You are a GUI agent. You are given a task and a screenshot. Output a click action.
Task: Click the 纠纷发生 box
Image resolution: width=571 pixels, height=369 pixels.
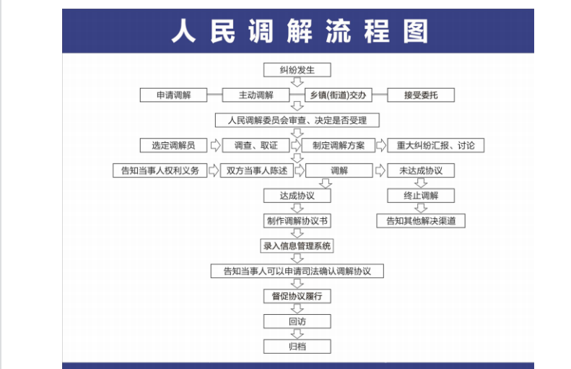297,70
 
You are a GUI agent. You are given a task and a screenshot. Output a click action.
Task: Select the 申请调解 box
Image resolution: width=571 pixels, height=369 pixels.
173,95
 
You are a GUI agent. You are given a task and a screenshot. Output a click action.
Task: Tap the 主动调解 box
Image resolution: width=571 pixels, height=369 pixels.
256,95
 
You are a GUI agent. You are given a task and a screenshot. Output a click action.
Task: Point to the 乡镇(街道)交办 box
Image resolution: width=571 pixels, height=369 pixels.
339,95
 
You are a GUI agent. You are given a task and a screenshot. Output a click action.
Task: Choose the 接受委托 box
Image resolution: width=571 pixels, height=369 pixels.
421,95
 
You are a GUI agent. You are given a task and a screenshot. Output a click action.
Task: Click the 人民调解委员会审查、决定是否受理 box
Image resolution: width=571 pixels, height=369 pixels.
297,120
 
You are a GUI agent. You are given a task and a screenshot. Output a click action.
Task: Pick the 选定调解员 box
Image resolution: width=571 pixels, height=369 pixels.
173,145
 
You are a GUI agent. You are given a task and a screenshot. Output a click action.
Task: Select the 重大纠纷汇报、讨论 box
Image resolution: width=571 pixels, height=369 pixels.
435,145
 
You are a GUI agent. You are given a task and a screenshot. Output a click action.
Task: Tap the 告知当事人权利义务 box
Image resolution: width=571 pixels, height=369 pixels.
160,170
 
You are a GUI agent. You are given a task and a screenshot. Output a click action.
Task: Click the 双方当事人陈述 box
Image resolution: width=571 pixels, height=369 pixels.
257,170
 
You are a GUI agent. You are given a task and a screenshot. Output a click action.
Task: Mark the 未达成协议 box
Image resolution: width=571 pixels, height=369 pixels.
421,170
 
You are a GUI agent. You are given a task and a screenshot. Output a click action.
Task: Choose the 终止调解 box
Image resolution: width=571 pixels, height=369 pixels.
421,196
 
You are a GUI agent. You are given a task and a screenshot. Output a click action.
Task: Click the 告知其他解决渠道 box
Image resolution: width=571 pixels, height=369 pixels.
421,221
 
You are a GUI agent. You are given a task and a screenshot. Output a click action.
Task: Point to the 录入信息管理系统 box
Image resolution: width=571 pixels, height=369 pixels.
297,246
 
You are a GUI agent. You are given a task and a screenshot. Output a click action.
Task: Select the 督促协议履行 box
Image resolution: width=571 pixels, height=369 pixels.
297,296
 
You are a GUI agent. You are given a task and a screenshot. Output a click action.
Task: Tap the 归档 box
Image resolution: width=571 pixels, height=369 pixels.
297,347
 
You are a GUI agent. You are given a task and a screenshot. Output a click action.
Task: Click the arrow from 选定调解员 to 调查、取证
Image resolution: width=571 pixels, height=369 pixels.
215,145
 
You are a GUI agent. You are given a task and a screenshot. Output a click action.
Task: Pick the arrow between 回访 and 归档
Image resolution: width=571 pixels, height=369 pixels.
297,334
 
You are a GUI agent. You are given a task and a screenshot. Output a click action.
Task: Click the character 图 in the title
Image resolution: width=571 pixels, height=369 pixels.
416,31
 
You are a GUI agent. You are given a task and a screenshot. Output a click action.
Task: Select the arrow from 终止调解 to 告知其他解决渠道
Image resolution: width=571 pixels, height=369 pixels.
421,208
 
